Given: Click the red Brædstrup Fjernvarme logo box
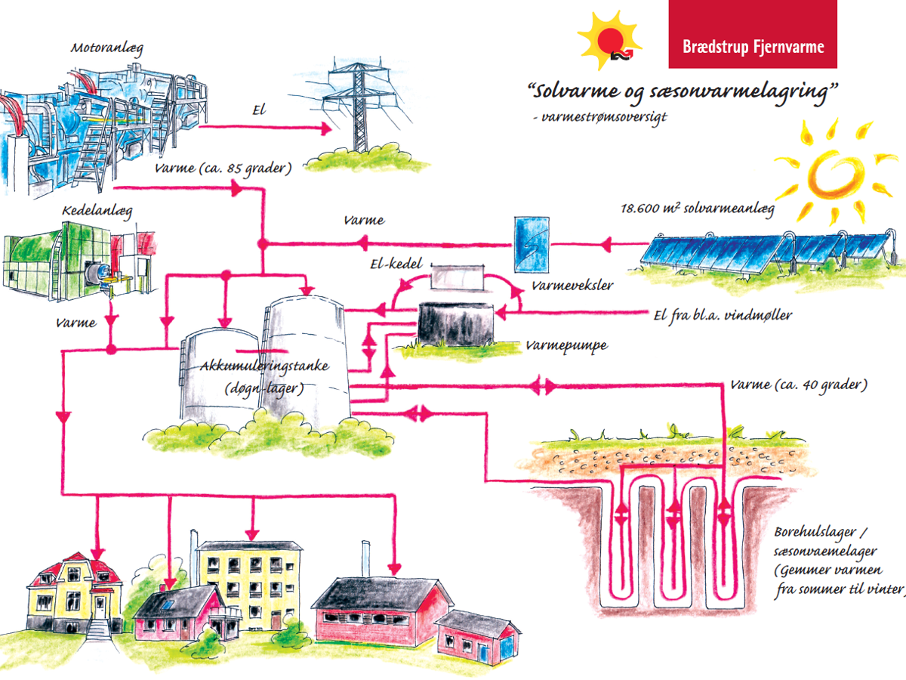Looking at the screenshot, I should click(x=753, y=34).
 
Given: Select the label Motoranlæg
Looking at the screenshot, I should click(x=107, y=48).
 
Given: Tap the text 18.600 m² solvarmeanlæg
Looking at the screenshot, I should click(x=696, y=209).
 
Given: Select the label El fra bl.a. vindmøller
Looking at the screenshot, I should click(x=722, y=315).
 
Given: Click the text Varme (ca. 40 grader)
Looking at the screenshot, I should click(x=798, y=385).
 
